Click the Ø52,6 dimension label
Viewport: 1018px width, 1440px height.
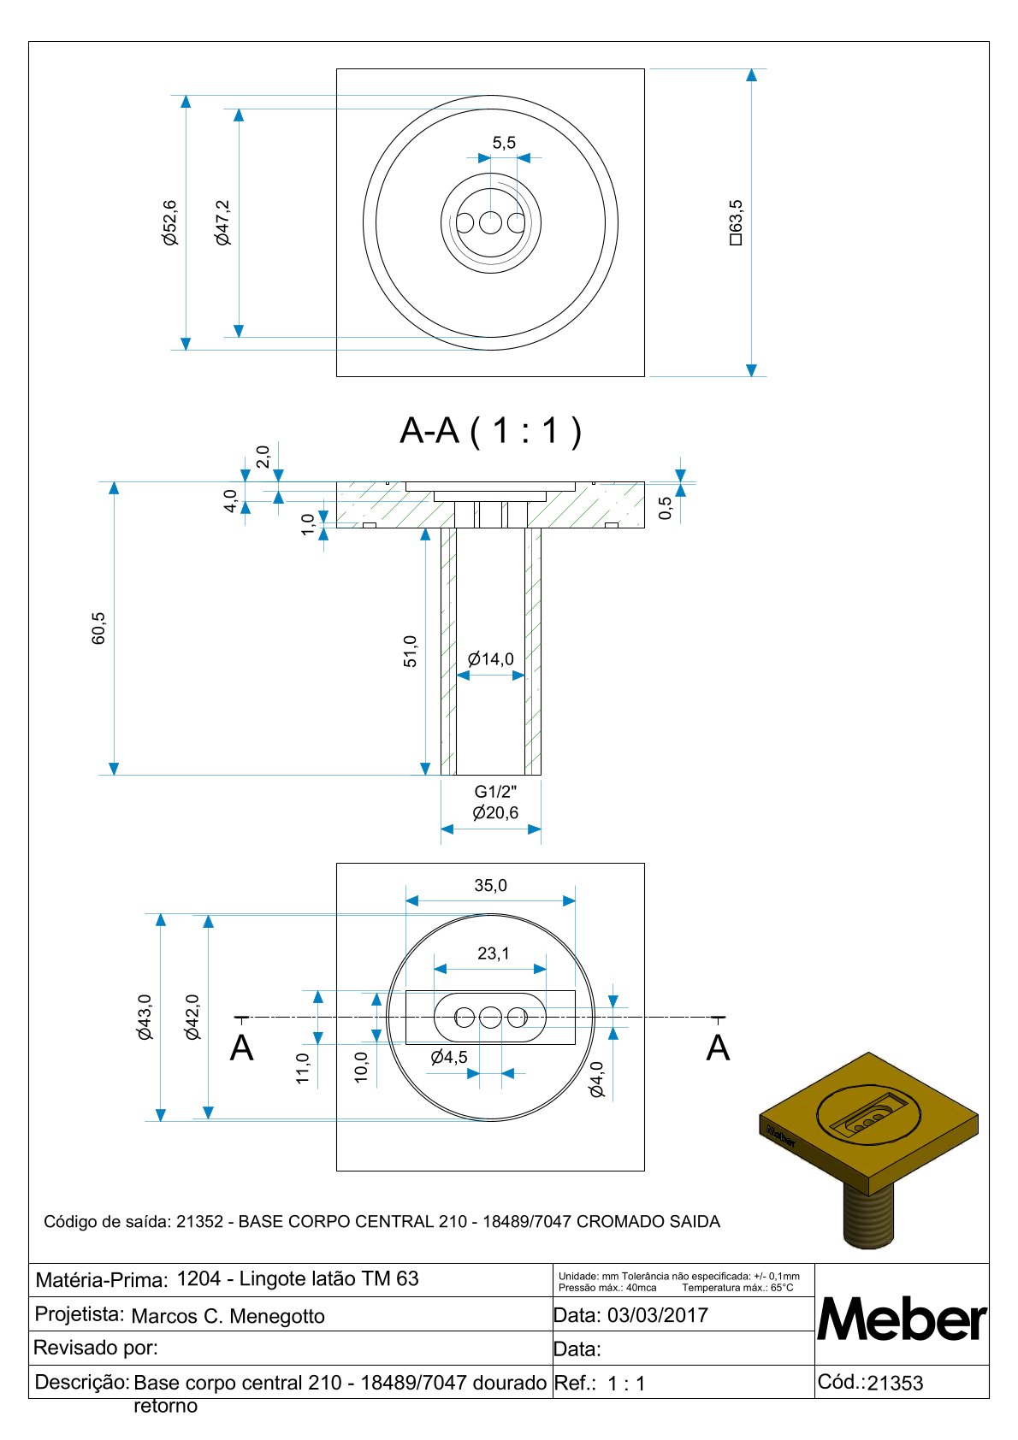pos(169,222)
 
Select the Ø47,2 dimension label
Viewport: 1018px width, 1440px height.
pos(222,223)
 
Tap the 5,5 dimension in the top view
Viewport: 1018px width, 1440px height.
pos(504,143)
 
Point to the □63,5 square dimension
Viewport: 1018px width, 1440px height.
pos(736,223)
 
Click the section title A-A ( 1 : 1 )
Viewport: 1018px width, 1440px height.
pos(490,431)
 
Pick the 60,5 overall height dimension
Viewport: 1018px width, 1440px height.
pos(99,628)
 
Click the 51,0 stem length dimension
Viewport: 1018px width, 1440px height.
pos(411,651)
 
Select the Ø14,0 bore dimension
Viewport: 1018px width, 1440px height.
pos(491,659)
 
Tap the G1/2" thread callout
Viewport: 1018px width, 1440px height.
pos(495,793)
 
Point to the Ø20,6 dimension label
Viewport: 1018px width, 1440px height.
pos(495,813)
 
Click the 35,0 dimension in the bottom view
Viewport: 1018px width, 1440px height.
pos(490,886)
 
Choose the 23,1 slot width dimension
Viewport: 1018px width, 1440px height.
pos(493,953)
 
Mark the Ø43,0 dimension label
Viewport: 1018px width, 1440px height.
pos(145,1017)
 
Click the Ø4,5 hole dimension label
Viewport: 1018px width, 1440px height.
pos(449,1058)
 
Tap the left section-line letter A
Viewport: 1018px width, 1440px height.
pos(242,1048)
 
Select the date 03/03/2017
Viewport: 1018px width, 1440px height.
pos(657,1315)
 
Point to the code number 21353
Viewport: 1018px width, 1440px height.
pos(895,1384)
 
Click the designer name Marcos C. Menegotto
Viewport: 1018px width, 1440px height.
pos(228,1316)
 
